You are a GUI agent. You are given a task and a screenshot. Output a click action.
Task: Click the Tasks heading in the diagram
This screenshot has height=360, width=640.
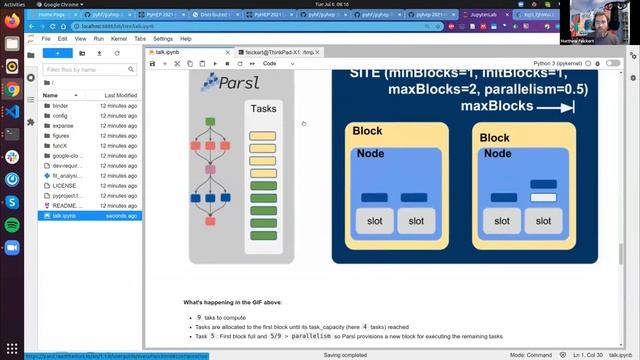[x=264, y=108]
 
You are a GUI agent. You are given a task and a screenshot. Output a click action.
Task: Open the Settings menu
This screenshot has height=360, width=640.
[x=162, y=38]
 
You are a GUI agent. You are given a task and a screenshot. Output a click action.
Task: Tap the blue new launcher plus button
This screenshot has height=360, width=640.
[x=58, y=52]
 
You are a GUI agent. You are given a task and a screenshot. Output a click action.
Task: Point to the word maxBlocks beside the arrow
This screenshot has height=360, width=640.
[x=494, y=105]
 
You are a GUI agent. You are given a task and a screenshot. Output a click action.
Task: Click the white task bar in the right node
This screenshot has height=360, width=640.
[x=543, y=197]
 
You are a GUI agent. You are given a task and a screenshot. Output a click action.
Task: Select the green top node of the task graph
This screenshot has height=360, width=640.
[x=211, y=122]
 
